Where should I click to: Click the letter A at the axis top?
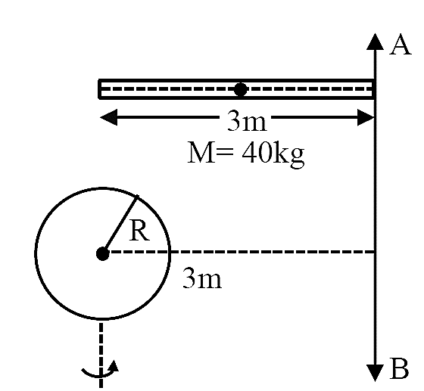(401, 46)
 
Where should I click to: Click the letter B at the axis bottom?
(400, 368)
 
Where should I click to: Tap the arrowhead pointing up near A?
(375, 42)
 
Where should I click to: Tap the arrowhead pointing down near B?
(375, 373)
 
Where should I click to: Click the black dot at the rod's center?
(241, 89)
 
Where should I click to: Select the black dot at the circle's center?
(103, 253)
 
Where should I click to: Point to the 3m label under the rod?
(247, 121)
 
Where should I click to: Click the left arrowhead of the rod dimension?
(109, 117)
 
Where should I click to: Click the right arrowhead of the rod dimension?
(366, 117)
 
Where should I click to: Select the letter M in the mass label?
(201, 153)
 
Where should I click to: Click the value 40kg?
(273, 154)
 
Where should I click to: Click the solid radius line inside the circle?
(120, 225)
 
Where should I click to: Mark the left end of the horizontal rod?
(99, 89)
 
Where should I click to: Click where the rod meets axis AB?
(375, 89)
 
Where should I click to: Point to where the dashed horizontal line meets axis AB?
(375, 252)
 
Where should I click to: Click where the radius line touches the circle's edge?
(137, 197)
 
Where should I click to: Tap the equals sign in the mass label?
(225, 153)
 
